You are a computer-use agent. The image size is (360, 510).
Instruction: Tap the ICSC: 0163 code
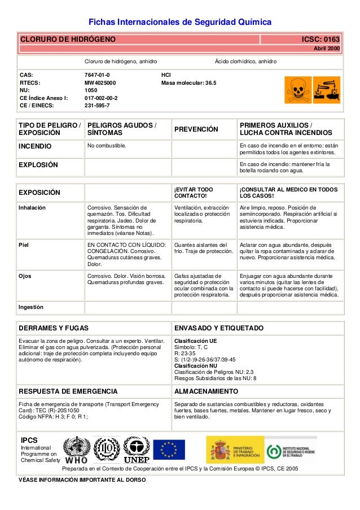[321, 39]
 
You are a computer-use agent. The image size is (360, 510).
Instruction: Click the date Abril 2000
[327, 50]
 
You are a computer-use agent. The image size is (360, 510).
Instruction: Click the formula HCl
[166, 74]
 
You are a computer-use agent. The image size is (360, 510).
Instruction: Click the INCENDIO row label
[35, 146]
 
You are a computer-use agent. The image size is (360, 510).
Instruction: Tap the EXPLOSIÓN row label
[38, 165]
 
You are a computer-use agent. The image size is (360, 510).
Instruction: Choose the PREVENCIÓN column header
[196, 129]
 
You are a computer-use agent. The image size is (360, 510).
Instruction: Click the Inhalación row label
[32, 207]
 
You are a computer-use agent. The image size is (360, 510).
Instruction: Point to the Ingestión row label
[31, 307]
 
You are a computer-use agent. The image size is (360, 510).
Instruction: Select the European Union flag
[168, 450]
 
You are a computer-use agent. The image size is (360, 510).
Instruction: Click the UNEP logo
[136, 450]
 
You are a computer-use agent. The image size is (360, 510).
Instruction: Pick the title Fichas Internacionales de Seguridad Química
[180, 22]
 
